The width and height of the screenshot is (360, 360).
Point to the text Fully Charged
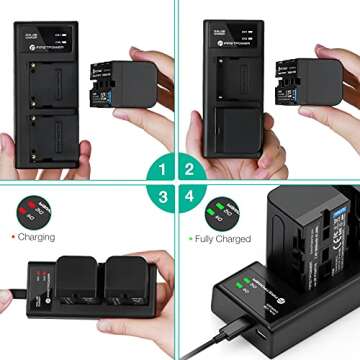223,240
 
